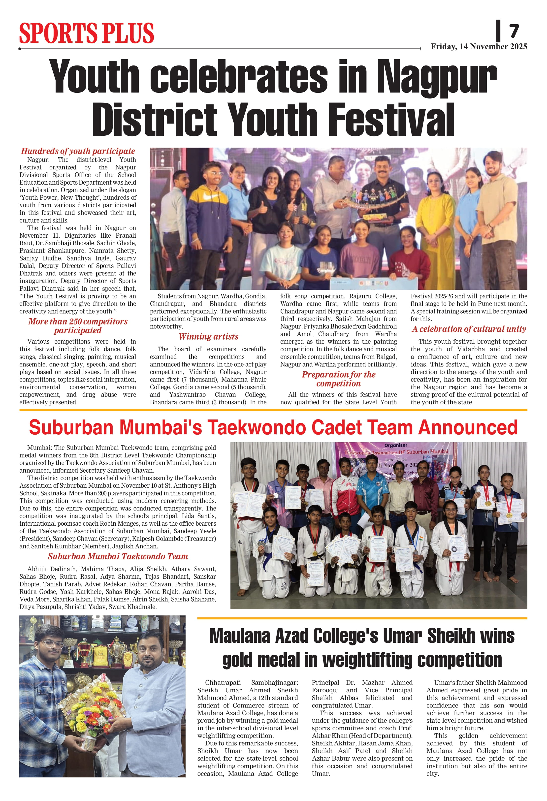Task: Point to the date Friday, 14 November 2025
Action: click(479, 47)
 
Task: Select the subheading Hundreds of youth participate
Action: click(78, 151)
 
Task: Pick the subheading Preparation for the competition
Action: click(338, 379)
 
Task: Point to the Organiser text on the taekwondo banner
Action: click(396, 445)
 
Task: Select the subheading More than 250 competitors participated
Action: click(78, 326)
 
